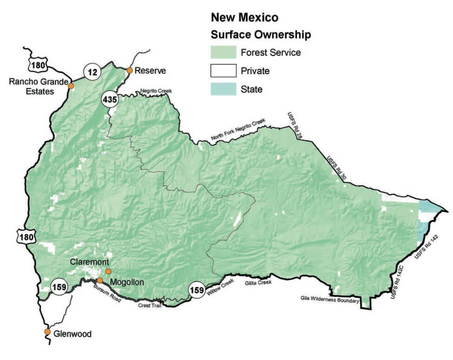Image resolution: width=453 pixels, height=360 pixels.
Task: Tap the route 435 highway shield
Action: (x=110, y=99)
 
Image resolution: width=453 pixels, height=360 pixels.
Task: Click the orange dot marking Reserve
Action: (x=129, y=71)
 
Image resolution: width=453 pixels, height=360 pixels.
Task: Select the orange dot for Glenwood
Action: (x=47, y=332)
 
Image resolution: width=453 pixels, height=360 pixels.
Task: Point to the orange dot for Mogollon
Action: (x=100, y=280)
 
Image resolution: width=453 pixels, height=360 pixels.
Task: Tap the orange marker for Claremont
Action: (x=108, y=271)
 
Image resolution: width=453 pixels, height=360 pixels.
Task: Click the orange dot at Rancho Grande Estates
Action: (x=71, y=86)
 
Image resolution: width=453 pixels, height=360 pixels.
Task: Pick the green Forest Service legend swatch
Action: (x=223, y=52)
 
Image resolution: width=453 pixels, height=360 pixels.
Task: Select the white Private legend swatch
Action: (x=223, y=71)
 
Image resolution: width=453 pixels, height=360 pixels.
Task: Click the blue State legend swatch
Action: (x=223, y=89)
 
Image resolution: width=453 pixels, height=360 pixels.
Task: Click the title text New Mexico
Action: (x=245, y=18)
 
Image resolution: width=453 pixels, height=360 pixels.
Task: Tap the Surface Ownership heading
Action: (x=260, y=35)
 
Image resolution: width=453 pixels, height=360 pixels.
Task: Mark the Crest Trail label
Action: (x=149, y=305)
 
